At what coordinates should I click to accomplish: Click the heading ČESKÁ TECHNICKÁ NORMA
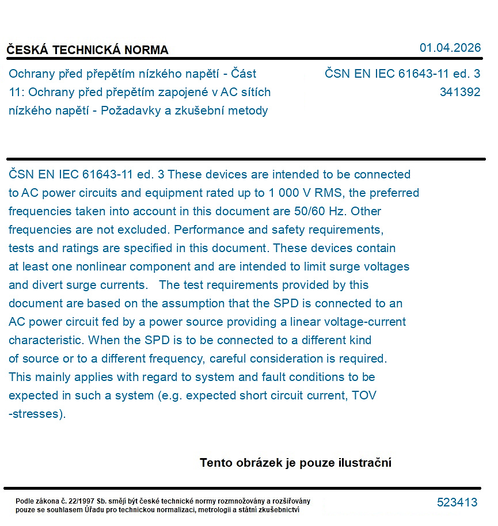click(x=88, y=50)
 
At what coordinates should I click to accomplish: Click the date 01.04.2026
click(x=450, y=48)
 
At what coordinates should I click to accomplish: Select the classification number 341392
click(x=459, y=92)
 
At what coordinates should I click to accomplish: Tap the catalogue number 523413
click(x=457, y=502)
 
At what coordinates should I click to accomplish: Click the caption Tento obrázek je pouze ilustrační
click(x=295, y=463)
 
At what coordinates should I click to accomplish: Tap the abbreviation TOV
click(x=364, y=395)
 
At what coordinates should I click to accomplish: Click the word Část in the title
click(x=243, y=74)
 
